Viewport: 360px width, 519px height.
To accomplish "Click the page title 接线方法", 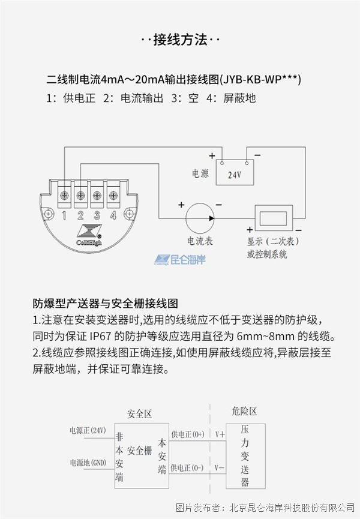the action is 181,40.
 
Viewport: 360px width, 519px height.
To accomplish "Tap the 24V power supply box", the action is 235,172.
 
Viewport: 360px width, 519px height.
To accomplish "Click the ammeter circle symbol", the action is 200,218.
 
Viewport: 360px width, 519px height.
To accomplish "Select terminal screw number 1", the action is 64,195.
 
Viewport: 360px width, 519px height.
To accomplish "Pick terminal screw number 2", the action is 80,195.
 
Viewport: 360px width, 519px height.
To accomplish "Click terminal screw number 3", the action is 97,195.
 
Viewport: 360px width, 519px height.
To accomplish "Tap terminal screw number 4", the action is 113,195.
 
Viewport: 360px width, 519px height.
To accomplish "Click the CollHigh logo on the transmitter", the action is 89,236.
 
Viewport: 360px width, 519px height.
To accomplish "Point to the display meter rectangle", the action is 274,218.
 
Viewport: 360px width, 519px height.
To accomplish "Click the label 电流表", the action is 200,241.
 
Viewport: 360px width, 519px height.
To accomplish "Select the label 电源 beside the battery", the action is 200,173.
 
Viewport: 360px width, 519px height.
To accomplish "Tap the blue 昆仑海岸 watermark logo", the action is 180,259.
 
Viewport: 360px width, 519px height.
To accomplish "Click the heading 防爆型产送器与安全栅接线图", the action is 106,303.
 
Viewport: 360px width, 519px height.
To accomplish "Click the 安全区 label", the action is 139,414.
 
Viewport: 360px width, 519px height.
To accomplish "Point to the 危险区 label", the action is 244,411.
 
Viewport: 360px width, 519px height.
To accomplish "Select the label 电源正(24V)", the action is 88,430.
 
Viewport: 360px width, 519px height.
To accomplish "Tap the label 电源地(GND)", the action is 88,463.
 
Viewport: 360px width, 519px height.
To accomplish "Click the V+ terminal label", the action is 220,434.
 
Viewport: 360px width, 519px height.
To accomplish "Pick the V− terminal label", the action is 219,467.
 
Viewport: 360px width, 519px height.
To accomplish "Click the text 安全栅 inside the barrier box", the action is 140,451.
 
